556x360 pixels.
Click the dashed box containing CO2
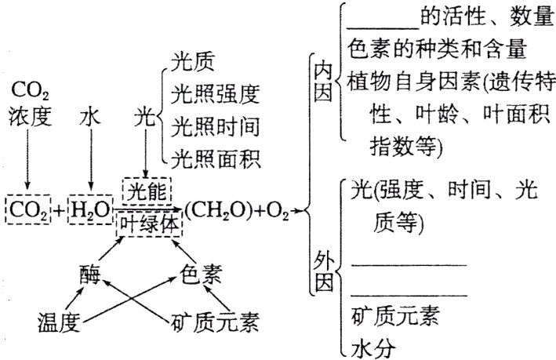[27, 209]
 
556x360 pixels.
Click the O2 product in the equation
[279, 209]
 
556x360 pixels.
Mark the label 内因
[323, 82]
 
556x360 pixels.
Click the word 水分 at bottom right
[372, 345]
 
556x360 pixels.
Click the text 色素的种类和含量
[427, 49]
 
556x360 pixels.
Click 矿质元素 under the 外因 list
[394, 316]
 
